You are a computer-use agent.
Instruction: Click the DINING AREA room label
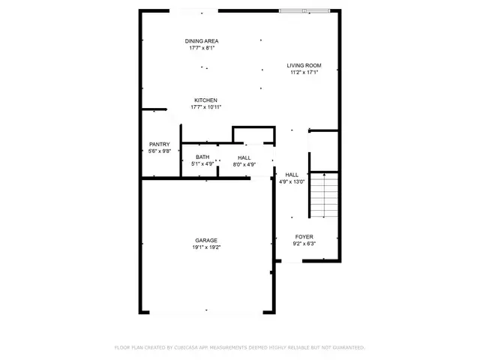pyautogui.click(x=202, y=40)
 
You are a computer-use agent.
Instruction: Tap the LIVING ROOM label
pyautogui.click(x=305, y=66)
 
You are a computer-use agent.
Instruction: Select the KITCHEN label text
pyautogui.click(x=205, y=100)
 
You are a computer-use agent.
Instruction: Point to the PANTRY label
pyautogui.click(x=159, y=144)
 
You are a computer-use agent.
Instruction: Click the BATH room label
pyautogui.click(x=202, y=157)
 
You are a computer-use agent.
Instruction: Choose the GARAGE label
pyautogui.click(x=206, y=240)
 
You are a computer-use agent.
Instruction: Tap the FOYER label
pyautogui.click(x=304, y=236)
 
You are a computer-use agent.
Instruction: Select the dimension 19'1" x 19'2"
pyautogui.click(x=206, y=247)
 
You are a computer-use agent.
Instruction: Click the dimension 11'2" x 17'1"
pyautogui.click(x=305, y=73)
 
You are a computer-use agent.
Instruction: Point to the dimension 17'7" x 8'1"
pyautogui.click(x=202, y=47)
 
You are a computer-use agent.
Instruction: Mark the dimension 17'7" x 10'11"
pyautogui.click(x=205, y=107)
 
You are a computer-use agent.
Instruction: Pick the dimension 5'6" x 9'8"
pyautogui.click(x=159, y=151)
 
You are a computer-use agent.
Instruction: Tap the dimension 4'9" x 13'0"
pyautogui.click(x=292, y=181)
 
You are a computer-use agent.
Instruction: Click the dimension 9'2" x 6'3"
pyautogui.click(x=304, y=243)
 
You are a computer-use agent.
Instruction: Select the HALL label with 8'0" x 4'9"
pyautogui.click(x=244, y=157)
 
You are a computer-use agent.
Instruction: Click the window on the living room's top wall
pyautogui.click(x=304, y=10)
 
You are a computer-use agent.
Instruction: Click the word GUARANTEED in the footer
pyautogui.click(x=349, y=348)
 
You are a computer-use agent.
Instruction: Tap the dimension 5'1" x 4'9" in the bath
pyautogui.click(x=202, y=163)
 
